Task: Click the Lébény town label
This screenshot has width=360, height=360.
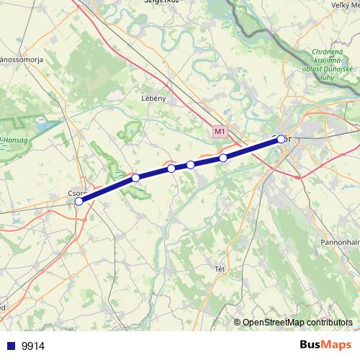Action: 154,99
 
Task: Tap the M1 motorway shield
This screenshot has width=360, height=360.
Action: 220,132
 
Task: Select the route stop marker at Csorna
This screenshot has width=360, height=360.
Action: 78,202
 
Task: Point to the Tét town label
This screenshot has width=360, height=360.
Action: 220,269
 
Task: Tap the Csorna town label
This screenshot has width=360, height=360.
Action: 76,193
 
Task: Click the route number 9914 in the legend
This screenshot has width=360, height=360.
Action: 32,346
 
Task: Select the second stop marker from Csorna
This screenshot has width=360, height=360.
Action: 135,178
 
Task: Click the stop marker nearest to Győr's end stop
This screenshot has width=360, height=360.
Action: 224,158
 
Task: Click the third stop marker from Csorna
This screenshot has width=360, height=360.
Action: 171,168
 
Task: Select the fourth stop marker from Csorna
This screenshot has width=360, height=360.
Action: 191,165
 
